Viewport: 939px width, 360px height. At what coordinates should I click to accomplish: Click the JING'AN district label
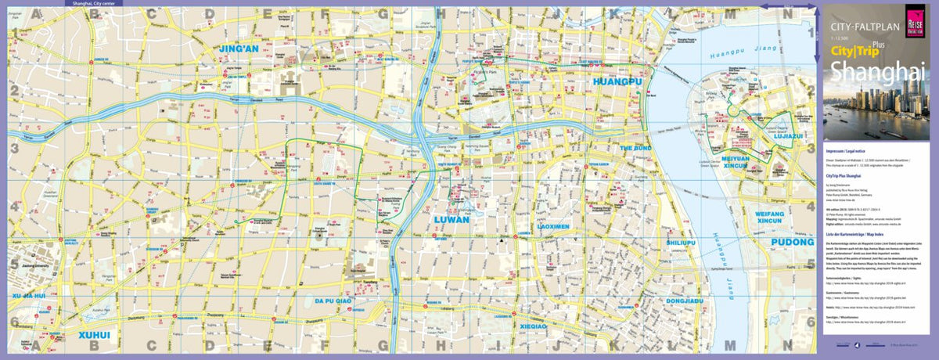click(x=239, y=49)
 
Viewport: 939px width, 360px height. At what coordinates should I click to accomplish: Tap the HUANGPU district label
click(x=617, y=81)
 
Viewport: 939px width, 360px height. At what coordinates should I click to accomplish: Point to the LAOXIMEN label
click(x=552, y=226)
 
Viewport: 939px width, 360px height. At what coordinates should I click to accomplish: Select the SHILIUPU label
click(x=679, y=243)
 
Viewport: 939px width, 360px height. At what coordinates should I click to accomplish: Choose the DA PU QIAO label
click(x=335, y=300)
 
